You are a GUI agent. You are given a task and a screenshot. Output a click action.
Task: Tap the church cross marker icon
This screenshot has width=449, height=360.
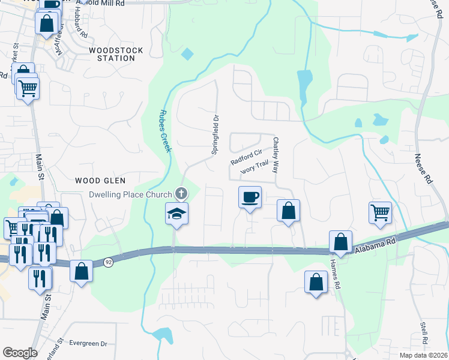click(181, 194)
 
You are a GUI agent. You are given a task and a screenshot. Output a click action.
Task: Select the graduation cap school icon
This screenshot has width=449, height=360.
click(177, 214)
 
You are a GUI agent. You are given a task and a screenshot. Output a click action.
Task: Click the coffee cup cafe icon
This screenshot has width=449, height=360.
click(250, 197)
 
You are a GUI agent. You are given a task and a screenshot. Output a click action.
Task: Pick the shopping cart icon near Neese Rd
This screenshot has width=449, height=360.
click(380, 212)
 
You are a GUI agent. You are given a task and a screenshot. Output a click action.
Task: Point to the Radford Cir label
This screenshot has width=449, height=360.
click(247, 158)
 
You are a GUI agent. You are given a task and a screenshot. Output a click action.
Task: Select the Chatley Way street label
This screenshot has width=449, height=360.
click(276, 155)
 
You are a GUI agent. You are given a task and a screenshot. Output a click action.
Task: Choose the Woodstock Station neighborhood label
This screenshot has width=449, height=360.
click(112, 54)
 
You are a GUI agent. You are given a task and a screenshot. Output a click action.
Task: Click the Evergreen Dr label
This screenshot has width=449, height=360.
click(88, 344)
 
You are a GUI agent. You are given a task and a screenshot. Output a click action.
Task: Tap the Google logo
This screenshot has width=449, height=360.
click(20, 353)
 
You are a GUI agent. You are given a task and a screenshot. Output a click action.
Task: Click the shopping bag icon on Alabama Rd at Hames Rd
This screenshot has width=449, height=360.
click(340, 242)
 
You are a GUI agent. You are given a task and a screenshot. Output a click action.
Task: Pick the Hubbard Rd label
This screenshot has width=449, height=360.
click(77, 27)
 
